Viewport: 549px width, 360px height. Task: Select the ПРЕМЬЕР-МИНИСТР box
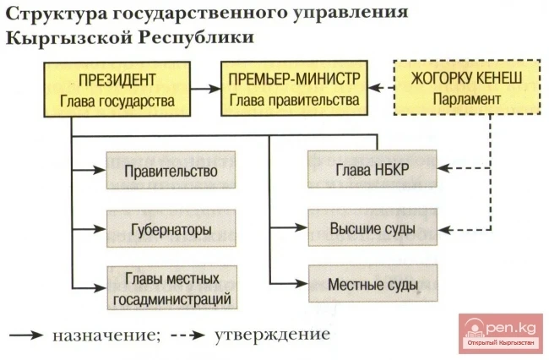pos(294,90)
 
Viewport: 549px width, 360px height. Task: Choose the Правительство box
pos(170,172)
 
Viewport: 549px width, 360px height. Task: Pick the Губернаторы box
pos(170,229)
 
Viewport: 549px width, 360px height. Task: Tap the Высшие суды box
pos(370,229)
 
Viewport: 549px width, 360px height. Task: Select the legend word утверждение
pos(271,334)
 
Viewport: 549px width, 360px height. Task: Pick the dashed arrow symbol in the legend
pos(188,335)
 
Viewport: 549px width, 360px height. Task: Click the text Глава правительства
pos(294,100)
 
